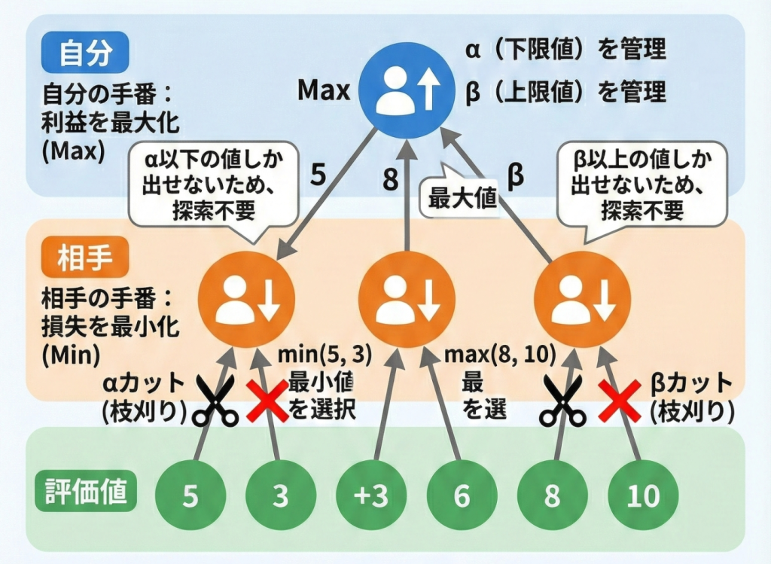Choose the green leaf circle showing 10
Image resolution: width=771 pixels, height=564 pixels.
642,496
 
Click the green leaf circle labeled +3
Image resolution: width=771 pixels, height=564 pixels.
370,496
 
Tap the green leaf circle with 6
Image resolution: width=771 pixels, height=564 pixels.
462,496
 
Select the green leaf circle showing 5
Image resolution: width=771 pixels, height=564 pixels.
190,496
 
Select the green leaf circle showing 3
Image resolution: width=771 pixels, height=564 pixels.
280,496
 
